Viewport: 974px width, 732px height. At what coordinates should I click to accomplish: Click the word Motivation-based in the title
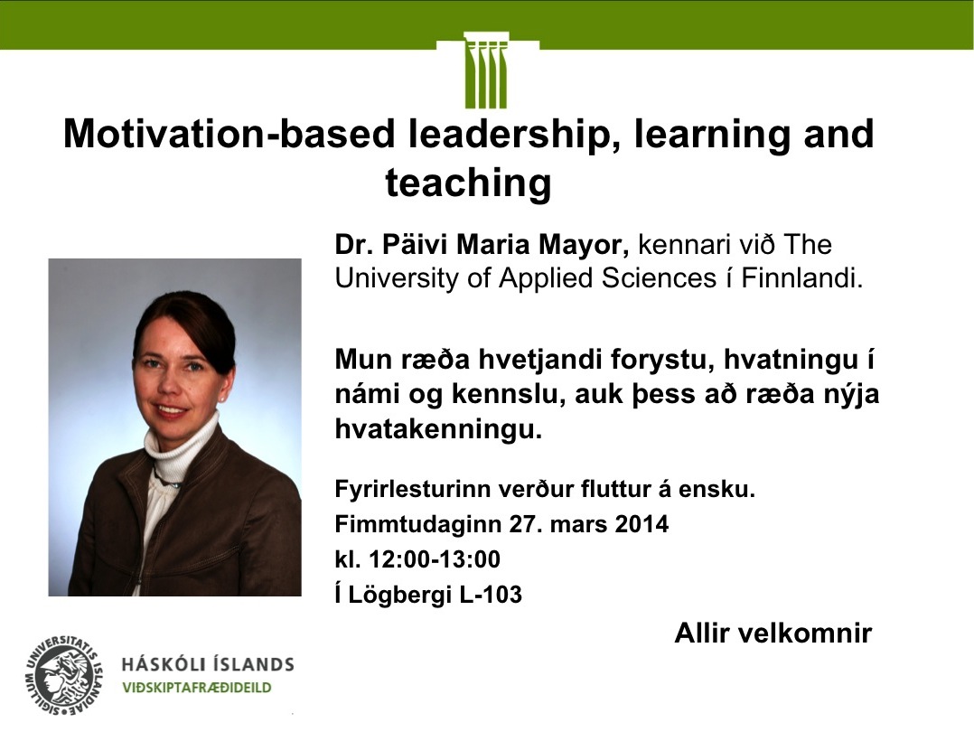[229, 134]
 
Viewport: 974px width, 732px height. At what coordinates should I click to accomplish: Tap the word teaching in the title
[468, 183]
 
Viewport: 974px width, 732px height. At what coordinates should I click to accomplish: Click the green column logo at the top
[486, 70]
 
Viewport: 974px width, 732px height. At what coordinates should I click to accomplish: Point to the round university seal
[64, 677]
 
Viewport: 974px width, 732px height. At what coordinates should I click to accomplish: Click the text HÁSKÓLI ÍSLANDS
[208, 664]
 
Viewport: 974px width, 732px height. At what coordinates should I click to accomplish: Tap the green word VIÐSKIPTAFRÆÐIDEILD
[197, 688]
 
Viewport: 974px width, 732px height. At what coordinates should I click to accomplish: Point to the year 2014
[642, 524]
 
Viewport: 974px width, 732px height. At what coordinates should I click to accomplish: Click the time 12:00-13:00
[435, 559]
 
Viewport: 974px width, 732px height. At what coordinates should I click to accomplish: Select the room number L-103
[491, 595]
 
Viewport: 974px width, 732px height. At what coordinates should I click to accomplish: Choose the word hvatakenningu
[438, 429]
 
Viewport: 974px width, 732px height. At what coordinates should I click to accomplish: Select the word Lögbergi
[399, 595]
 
